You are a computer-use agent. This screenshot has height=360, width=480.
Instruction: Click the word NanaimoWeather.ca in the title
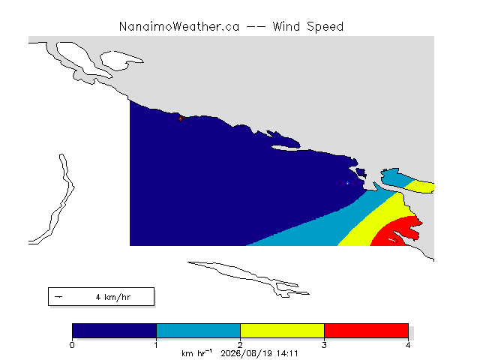click(x=179, y=27)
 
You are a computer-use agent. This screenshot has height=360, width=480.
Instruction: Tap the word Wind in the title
click(x=286, y=27)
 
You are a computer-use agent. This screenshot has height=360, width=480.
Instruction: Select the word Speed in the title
click(x=325, y=27)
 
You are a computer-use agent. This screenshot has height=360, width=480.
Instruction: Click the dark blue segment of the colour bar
click(x=114, y=331)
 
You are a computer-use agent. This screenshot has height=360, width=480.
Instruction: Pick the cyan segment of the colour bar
click(x=198, y=331)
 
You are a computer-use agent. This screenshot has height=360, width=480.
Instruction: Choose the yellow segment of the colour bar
click(x=282, y=331)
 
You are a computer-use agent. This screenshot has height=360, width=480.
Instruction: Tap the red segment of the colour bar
click(x=366, y=331)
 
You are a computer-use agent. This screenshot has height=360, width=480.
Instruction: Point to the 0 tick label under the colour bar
click(x=72, y=345)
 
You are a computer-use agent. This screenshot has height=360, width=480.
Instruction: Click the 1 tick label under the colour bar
click(x=156, y=345)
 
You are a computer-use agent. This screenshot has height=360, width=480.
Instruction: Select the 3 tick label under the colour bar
click(x=324, y=345)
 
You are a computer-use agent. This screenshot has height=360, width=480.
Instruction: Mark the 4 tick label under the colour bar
click(x=408, y=345)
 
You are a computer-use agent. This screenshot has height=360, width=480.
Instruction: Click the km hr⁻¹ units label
click(x=196, y=353)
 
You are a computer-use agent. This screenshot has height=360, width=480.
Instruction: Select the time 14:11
click(x=287, y=354)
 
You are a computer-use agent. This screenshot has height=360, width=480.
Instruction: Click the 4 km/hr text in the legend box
click(x=113, y=297)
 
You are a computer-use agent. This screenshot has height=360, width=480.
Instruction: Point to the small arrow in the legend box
click(x=58, y=297)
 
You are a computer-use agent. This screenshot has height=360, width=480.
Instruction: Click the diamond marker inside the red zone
click(x=395, y=241)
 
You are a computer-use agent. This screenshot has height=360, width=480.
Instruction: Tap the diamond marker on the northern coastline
click(x=180, y=118)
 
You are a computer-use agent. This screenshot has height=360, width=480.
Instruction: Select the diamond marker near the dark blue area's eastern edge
click(x=347, y=183)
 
